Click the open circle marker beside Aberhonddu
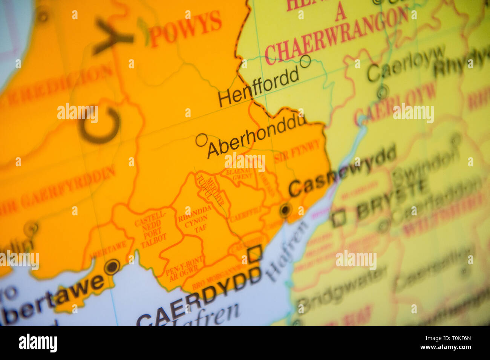point(202,140)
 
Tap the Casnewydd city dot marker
point(285,210)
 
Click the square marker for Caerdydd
point(255,254)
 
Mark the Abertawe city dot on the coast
point(112,267)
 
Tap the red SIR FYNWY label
point(297,151)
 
